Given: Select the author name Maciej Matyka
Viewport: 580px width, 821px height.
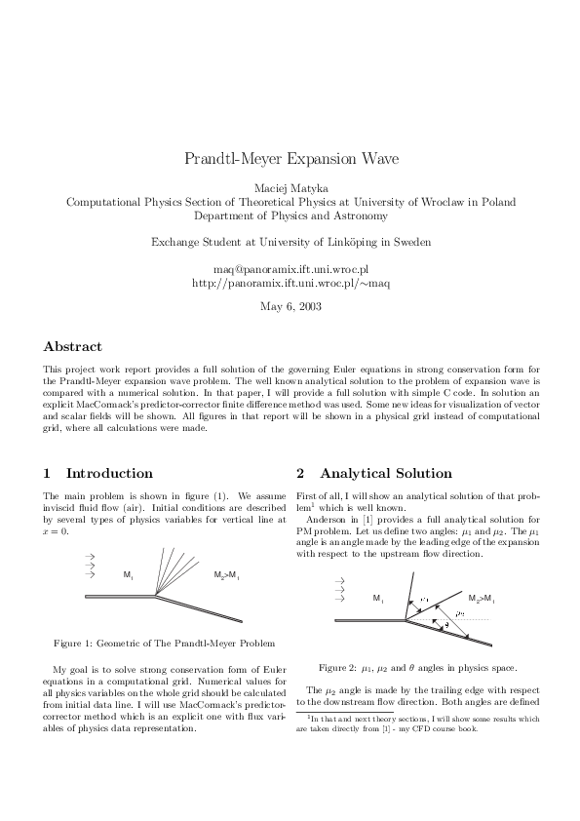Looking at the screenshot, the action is coord(290,187).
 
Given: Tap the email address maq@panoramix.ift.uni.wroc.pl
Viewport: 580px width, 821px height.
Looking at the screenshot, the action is coord(290,267).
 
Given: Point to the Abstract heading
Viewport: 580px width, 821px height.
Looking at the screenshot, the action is coord(73,346).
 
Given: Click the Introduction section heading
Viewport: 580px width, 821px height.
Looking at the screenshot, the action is coord(108,473).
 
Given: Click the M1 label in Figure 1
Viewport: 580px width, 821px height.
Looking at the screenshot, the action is coord(128,575).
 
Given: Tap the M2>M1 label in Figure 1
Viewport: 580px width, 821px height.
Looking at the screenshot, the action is coord(226,575).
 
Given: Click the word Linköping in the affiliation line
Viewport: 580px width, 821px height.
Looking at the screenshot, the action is coord(356,241).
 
